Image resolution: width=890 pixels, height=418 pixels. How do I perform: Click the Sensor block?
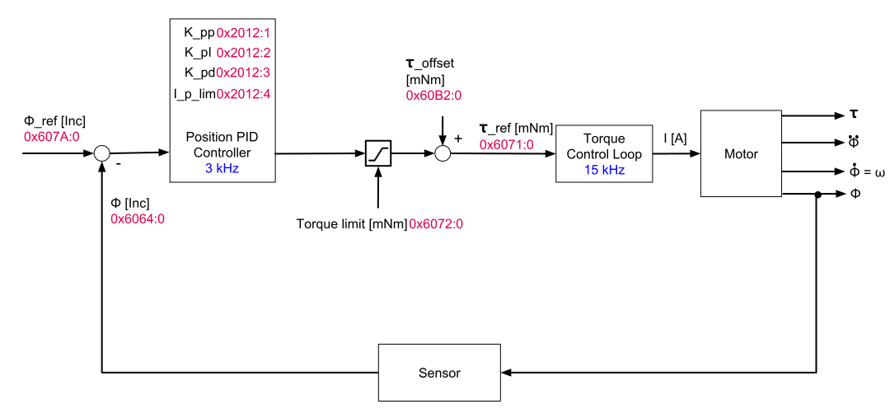[x=439, y=373]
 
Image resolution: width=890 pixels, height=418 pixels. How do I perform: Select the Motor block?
[x=741, y=153]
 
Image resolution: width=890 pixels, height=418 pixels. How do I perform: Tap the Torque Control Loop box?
[x=604, y=153]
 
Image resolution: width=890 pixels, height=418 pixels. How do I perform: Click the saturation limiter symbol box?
[x=378, y=153]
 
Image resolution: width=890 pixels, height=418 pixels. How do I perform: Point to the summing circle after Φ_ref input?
[x=101, y=153]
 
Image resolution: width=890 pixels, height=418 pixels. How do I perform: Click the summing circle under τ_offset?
[x=443, y=153]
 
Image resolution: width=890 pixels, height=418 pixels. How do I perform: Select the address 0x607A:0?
[x=51, y=136]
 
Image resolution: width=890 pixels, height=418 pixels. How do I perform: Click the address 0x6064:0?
[x=138, y=218]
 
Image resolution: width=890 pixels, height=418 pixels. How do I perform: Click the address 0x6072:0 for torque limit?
[x=438, y=223]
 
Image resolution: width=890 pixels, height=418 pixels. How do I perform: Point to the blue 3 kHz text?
[x=222, y=168]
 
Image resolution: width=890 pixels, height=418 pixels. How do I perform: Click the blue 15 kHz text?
[x=603, y=170]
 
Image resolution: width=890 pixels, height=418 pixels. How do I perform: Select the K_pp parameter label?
[x=199, y=33]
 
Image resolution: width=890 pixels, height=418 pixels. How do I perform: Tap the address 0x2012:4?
[x=244, y=93]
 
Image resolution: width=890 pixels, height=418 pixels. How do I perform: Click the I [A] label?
[x=674, y=139]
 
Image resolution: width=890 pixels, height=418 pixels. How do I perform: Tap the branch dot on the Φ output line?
[x=817, y=195]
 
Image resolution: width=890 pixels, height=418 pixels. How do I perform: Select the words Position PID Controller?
[x=222, y=144]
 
